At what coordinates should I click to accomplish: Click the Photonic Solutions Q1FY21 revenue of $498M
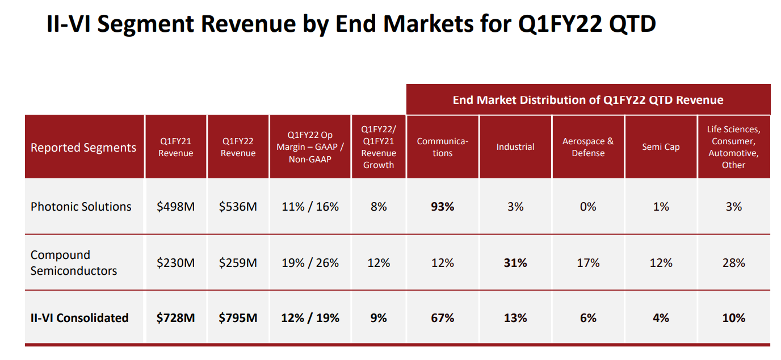tap(175, 207)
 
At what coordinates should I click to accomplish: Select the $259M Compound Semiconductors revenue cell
tap(238, 263)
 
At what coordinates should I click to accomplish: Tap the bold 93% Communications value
tap(442, 207)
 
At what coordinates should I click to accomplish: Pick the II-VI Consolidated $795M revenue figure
tap(238, 318)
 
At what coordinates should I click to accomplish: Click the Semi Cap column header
tap(661, 147)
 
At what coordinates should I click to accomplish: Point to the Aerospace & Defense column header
tap(588, 147)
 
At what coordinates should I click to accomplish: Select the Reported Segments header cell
tap(83, 148)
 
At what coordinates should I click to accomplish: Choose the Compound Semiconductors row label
tap(74, 263)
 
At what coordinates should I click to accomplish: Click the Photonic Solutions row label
tap(81, 207)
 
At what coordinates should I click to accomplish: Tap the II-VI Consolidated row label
tap(79, 318)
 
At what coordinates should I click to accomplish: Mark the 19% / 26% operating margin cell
tap(310, 263)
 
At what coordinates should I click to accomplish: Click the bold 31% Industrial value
tap(515, 263)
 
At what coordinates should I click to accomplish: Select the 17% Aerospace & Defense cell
tap(588, 263)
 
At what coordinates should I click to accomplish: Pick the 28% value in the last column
tap(733, 263)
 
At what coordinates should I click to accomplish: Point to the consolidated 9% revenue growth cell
tap(379, 318)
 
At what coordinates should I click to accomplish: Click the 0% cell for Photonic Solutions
tap(588, 207)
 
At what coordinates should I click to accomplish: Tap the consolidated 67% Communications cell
tap(442, 318)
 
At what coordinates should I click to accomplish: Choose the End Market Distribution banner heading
tap(588, 101)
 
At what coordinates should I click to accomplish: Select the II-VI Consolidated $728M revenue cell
tap(175, 318)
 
